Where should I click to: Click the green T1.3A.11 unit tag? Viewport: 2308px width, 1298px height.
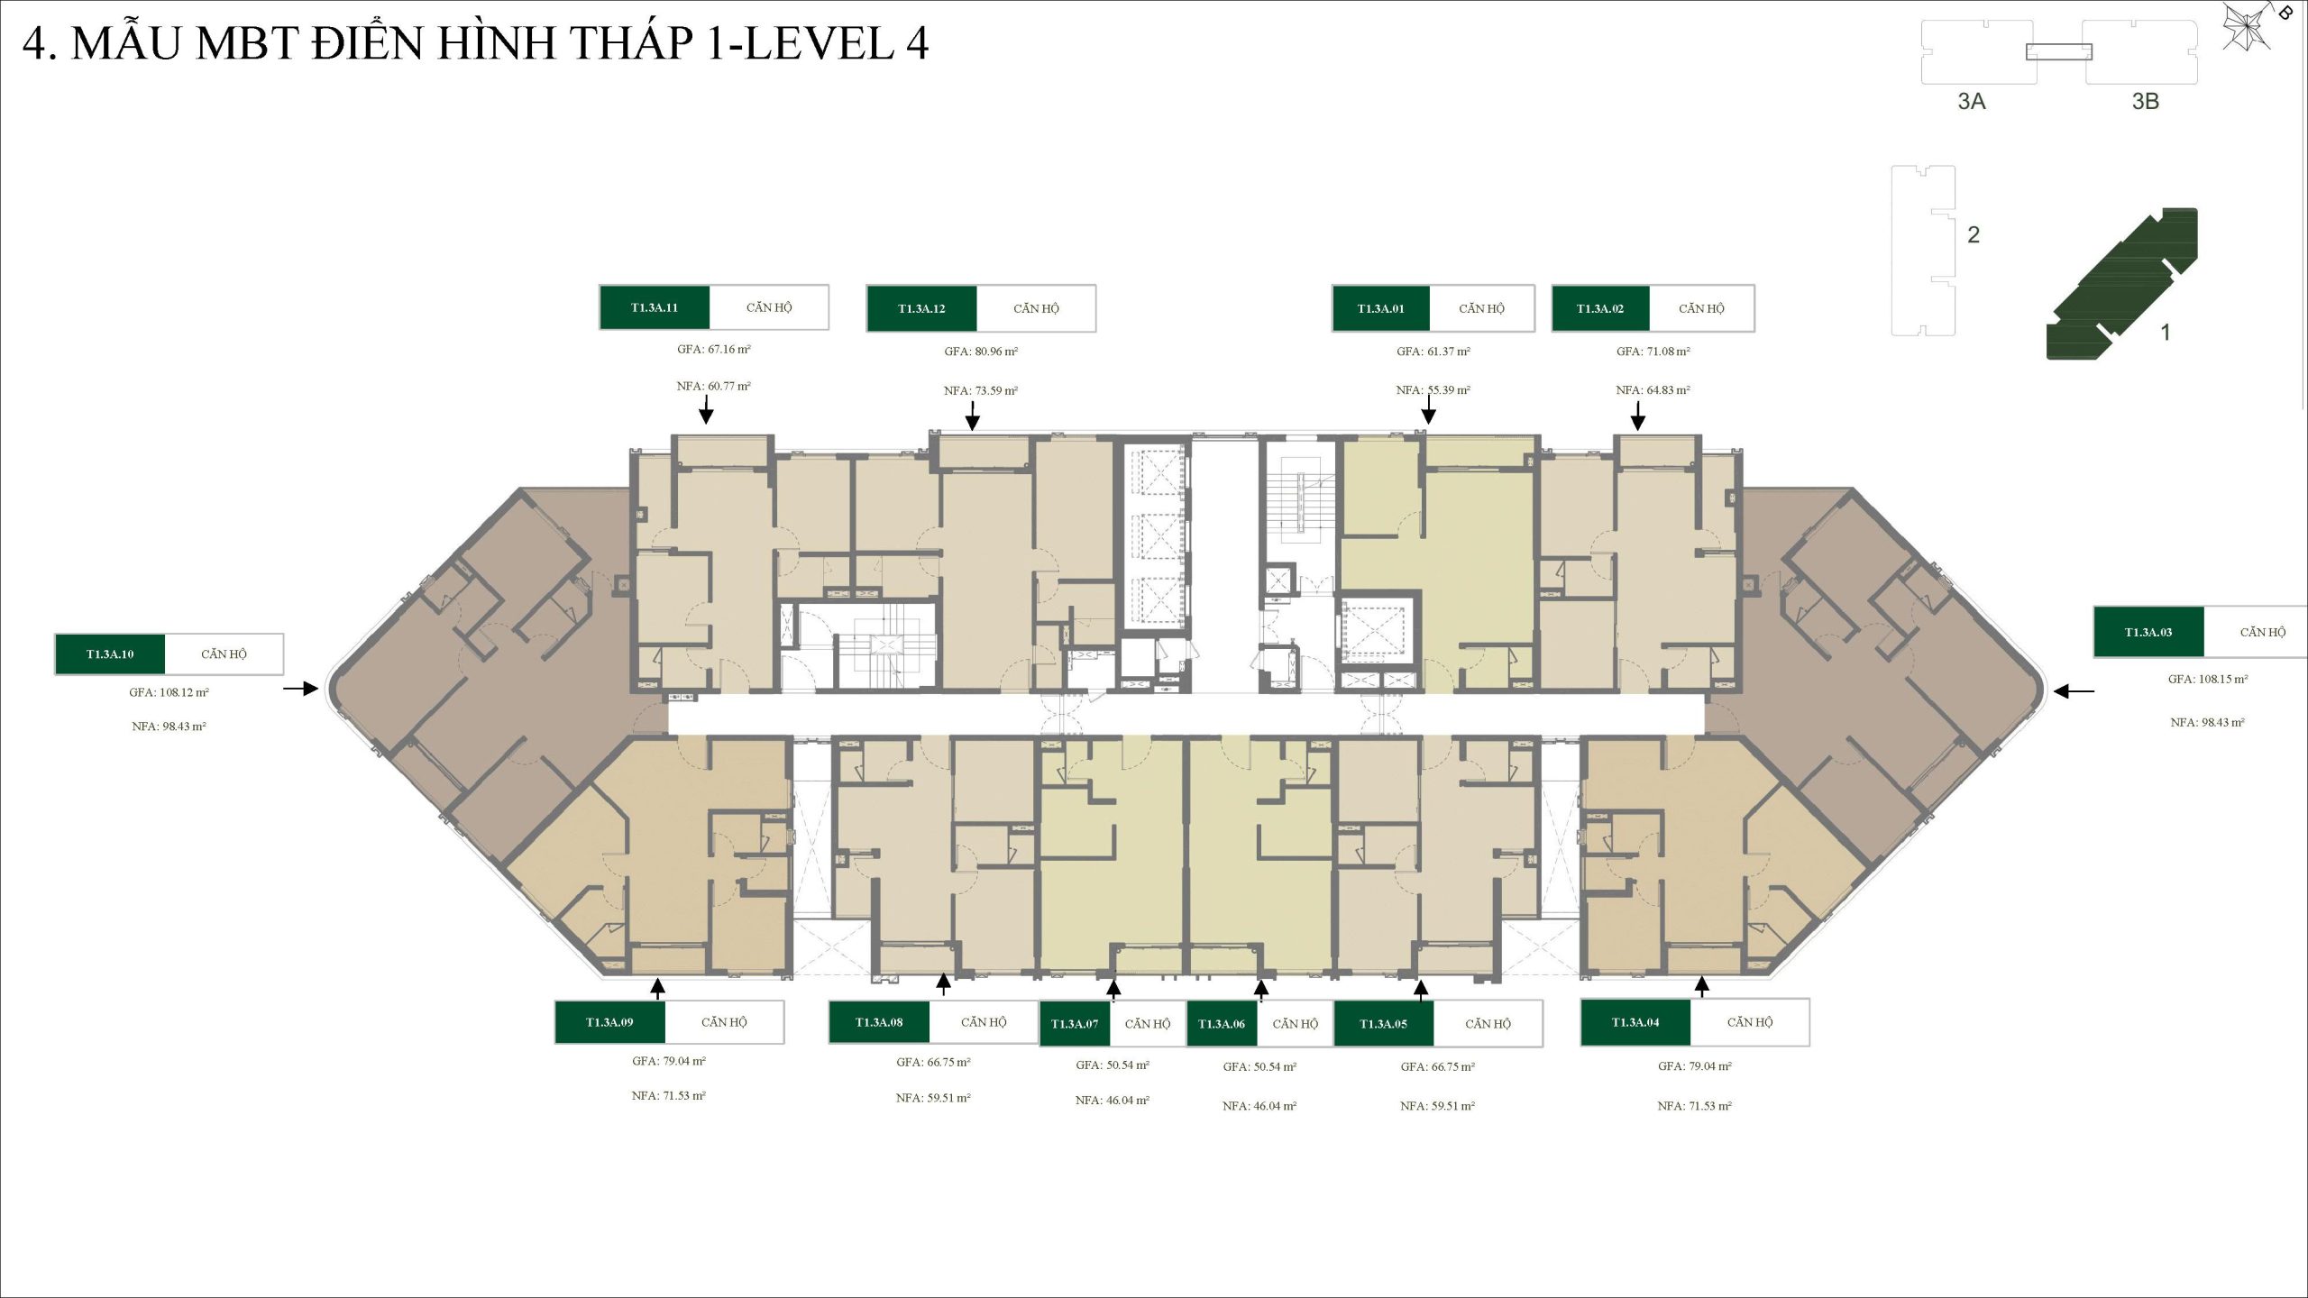[x=655, y=307]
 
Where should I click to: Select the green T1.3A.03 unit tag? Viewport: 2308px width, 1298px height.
[x=2148, y=632]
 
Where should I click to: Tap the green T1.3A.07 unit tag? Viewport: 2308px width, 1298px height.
[x=1075, y=1024]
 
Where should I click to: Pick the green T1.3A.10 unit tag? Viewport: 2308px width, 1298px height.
[x=110, y=654]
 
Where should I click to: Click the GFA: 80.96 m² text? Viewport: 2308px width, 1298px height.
[x=981, y=352]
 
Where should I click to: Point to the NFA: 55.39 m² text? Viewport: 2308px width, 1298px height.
[x=1433, y=390]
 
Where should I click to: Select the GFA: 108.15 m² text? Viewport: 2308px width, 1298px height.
[x=2208, y=679]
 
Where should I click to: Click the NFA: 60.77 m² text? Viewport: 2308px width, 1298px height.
[x=714, y=387]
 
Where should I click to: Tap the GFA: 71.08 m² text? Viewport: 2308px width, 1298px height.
[x=1653, y=352]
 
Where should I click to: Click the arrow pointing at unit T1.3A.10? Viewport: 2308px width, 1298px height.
[x=300, y=689]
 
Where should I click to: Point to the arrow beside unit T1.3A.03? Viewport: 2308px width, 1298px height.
[x=2074, y=691]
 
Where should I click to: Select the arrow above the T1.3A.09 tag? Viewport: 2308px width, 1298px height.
[x=658, y=989]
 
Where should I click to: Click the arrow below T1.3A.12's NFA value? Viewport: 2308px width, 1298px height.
[x=972, y=416]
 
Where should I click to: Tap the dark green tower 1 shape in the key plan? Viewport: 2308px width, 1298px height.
[x=2120, y=285]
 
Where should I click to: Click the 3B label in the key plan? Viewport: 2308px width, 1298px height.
[x=2145, y=101]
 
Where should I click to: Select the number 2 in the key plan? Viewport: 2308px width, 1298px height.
[x=1974, y=235]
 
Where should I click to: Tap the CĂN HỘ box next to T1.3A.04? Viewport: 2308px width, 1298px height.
[x=1750, y=1022]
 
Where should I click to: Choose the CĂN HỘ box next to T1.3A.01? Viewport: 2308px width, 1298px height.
[x=1482, y=308]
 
